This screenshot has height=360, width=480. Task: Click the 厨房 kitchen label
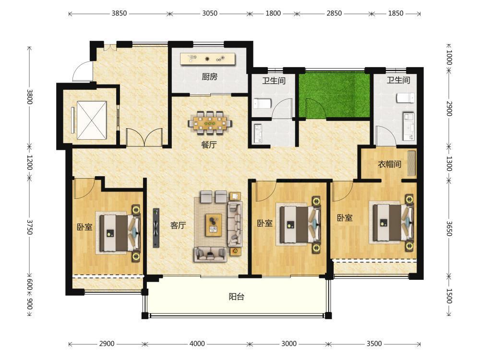(209, 76)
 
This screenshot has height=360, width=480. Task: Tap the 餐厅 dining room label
(209, 144)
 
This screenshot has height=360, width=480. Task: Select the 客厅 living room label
(178, 225)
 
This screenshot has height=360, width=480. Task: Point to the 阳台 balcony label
(237, 296)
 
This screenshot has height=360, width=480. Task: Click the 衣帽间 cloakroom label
(389, 164)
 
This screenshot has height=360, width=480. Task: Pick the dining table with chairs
(210, 123)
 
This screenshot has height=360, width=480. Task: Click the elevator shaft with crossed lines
(92, 120)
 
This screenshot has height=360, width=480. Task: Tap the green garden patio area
(335, 95)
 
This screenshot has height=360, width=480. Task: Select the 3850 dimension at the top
(119, 13)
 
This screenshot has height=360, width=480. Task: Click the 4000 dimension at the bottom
(197, 344)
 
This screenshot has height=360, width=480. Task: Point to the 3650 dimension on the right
(449, 228)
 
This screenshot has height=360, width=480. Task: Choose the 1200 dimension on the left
(29, 162)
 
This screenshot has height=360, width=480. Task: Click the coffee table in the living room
(214, 225)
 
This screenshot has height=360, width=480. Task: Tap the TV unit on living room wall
(156, 228)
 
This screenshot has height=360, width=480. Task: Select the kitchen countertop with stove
(207, 59)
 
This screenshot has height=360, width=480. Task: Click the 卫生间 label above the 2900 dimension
(398, 80)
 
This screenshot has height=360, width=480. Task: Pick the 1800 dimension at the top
(273, 13)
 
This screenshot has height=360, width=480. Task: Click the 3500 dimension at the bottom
(374, 344)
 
